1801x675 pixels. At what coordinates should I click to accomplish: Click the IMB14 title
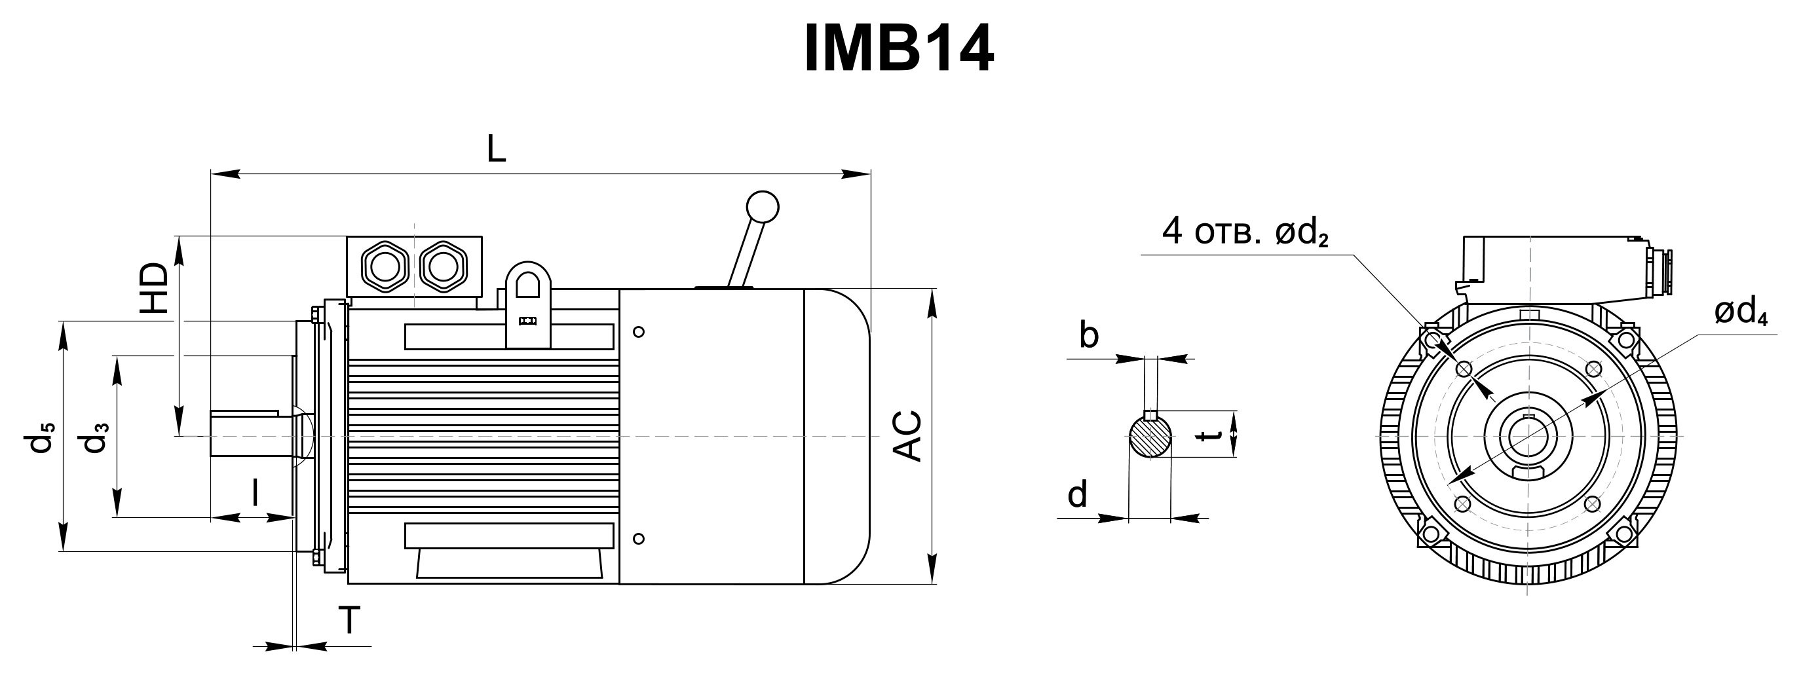click(899, 48)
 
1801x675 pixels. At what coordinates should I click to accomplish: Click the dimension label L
click(496, 149)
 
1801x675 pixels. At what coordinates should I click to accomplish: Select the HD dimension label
click(155, 288)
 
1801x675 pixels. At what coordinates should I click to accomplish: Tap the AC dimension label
click(908, 436)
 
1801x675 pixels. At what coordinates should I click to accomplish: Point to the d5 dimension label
click(40, 437)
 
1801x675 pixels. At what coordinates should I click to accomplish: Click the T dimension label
click(349, 620)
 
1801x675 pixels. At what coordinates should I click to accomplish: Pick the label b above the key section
click(1089, 335)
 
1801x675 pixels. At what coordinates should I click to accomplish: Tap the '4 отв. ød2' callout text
click(1245, 231)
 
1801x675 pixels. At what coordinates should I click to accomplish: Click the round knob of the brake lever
click(762, 207)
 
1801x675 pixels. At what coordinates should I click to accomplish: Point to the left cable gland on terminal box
click(383, 266)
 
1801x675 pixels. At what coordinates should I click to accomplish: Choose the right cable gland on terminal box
click(443, 266)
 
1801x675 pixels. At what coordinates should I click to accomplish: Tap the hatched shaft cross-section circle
click(1150, 437)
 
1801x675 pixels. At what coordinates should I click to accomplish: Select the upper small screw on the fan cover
click(638, 332)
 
